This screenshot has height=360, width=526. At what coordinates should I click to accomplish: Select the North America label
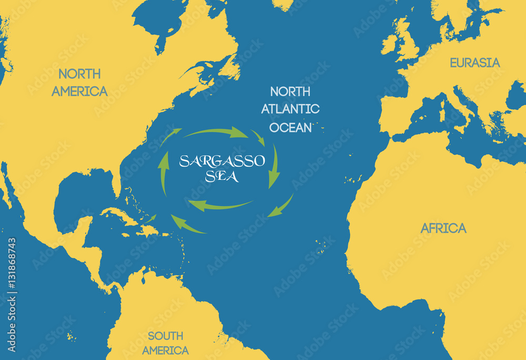pyautogui.click(x=79, y=82)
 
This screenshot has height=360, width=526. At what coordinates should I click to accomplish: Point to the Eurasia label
pyautogui.click(x=474, y=63)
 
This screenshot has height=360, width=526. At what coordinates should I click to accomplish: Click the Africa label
pyautogui.click(x=443, y=228)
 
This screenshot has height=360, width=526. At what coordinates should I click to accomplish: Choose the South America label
pyautogui.click(x=165, y=343)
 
